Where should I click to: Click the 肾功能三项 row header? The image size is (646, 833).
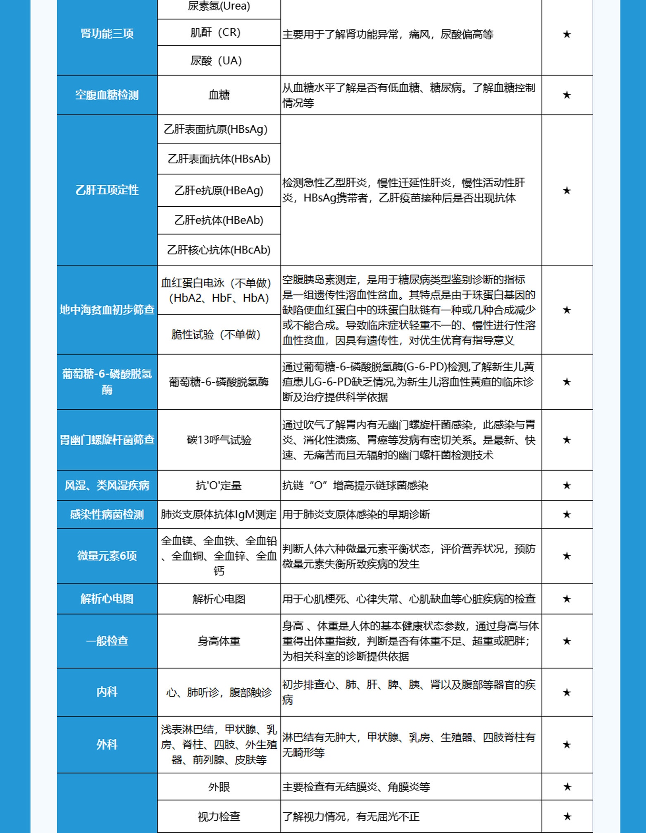[x=107, y=34]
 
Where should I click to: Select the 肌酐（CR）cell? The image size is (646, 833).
[x=215, y=33]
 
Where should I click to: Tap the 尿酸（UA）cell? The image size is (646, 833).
[x=216, y=61]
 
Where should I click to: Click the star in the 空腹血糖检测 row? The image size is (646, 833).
[x=567, y=95]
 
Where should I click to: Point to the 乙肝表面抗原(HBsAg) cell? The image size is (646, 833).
[x=216, y=129]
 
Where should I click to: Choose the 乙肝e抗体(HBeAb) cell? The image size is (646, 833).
[x=219, y=220]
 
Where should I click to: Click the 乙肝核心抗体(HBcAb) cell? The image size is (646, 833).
[x=219, y=250]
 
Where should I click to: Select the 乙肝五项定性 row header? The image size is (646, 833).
[x=107, y=190]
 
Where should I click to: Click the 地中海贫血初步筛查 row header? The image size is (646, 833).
[x=107, y=310]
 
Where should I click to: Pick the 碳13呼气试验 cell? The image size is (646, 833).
[x=219, y=440]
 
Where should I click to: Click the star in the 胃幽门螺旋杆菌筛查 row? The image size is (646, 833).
[x=567, y=440]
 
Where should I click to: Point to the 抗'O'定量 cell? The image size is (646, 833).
[x=219, y=485]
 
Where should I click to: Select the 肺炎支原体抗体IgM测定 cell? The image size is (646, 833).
[x=219, y=514]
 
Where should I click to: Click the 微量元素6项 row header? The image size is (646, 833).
[x=107, y=556]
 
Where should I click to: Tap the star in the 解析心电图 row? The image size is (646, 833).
[x=567, y=599]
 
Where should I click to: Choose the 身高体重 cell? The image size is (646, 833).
[x=219, y=641]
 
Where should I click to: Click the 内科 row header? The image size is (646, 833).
[x=107, y=692]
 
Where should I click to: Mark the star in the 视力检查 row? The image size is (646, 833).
[x=567, y=816]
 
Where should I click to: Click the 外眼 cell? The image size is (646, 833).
[x=219, y=787]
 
